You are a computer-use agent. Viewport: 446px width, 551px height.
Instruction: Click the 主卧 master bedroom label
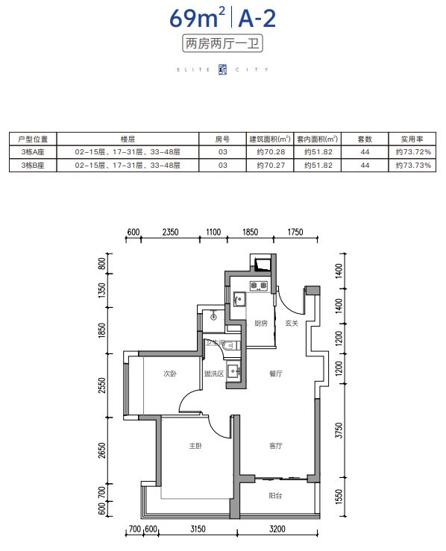195,446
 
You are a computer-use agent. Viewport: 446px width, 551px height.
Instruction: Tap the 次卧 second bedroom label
170,374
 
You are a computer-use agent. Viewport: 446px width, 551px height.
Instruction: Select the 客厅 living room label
276,446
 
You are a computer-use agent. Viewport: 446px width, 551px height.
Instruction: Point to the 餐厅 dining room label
276,374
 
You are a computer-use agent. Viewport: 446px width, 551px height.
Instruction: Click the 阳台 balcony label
275,496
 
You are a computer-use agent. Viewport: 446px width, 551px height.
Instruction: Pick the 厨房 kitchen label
261,324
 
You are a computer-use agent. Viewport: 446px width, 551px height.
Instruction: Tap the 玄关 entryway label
292,324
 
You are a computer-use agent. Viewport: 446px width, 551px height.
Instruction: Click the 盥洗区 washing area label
214,374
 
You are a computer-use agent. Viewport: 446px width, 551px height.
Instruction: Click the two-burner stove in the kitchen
258,286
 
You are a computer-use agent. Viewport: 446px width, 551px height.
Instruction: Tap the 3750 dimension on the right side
339,430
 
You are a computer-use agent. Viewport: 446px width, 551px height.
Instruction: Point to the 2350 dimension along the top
171,232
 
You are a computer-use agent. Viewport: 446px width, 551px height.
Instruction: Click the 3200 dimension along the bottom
277,529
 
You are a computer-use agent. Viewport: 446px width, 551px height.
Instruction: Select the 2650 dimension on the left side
102,450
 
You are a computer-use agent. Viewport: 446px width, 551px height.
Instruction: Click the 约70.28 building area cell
271,152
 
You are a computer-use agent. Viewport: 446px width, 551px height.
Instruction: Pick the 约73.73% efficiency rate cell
413,166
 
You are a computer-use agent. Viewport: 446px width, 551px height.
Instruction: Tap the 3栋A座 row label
33,152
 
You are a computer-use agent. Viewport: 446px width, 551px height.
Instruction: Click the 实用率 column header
412,139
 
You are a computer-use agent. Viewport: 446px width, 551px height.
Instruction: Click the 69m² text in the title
197,18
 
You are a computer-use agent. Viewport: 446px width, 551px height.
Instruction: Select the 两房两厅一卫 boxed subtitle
222,44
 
